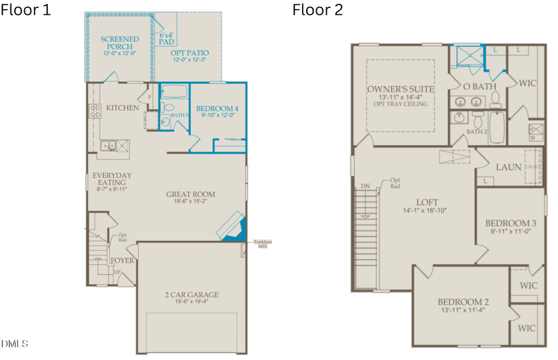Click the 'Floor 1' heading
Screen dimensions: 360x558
[25, 10]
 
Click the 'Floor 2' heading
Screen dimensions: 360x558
[317, 10]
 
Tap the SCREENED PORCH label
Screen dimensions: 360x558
[120, 43]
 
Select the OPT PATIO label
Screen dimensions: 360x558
[190, 53]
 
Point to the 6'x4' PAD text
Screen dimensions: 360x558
[167, 38]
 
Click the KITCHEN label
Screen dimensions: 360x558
[122, 108]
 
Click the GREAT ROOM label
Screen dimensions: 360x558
[190, 194]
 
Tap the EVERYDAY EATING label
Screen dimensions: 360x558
[112, 179]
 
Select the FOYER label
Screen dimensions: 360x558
[122, 260]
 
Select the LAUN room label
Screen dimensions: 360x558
[508, 167]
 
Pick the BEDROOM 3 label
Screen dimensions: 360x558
[510, 223]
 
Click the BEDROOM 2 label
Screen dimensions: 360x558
[461, 302]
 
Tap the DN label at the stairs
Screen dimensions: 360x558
[365, 186]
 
